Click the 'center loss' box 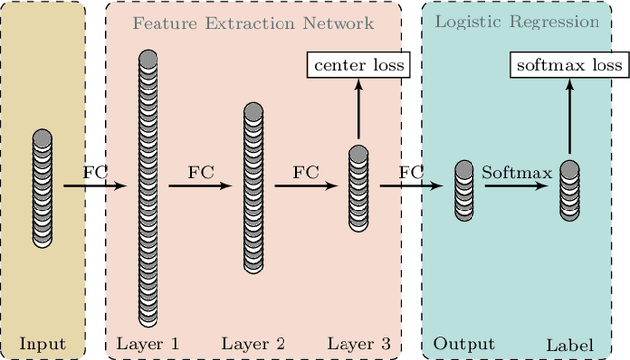(x=358, y=66)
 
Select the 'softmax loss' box (x=569, y=66)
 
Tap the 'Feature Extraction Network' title (x=253, y=21)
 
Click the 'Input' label (x=43, y=344)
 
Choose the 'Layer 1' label (x=148, y=344)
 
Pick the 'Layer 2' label (x=253, y=344)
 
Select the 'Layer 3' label (x=358, y=344)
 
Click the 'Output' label (x=464, y=344)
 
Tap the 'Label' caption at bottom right (x=569, y=345)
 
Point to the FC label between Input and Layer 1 (x=95, y=172)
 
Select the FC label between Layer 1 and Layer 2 (x=200, y=172)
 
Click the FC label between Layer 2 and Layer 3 (x=305, y=172)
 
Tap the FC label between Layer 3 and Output (x=410, y=172)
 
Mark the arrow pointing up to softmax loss (x=569, y=116)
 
